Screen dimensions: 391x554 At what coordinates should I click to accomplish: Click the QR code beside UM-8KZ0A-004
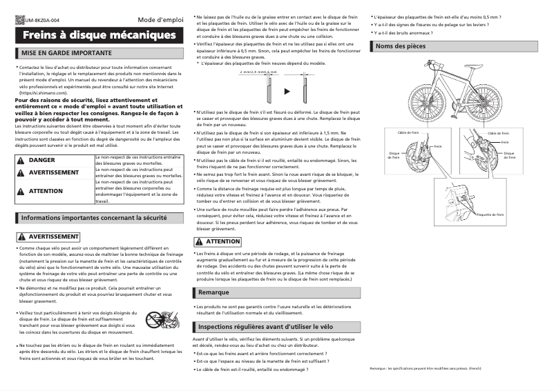19,20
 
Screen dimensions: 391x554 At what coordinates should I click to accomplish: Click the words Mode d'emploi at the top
161,20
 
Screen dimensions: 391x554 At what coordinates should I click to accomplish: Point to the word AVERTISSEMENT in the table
54,172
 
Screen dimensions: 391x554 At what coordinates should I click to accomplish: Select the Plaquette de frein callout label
490,214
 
